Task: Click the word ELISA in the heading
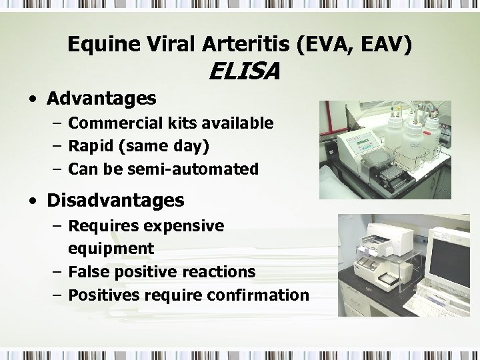click(x=244, y=71)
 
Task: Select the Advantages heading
click(x=101, y=99)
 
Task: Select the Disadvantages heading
click(x=115, y=200)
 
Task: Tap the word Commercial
click(x=113, y=123)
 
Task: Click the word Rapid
click(x=90, y=146)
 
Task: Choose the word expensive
click(x=183, y=226)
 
